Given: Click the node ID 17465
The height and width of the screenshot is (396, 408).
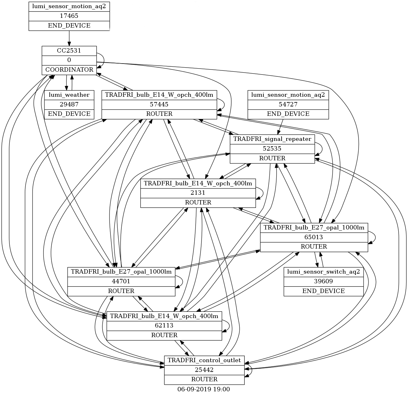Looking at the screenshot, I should click(x=69, y=16).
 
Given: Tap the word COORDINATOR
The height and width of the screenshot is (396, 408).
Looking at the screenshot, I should click(x=69, y=69).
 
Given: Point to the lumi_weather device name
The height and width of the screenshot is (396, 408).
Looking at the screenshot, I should click(x=69, y=95).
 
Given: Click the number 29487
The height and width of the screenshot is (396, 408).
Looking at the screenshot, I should click(x=69, y=104).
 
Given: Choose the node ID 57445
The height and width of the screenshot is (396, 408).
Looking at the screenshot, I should click(x=160, y=104).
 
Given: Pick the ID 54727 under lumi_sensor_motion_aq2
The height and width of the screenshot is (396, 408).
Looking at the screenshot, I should click(x=288, y=104).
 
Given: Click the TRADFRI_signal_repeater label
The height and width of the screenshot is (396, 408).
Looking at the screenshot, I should click(x=273, y=139).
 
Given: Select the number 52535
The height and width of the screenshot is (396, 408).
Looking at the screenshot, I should click(x=273, y=149).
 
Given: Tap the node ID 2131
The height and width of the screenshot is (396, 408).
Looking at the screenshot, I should click(x=198, y=193).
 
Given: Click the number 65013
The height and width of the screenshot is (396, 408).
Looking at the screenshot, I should click(x=314, y=237).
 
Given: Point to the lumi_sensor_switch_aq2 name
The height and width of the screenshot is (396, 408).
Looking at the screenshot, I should click(x=324, y=272).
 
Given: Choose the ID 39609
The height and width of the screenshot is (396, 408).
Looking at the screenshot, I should click(x=324, y=281).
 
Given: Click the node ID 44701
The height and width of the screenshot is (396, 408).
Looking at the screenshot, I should click(x=121, y=281).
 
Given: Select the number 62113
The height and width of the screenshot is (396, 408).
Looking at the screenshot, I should click(x=164, y=326).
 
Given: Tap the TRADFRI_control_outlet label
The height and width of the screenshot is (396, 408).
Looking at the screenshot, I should click(x=204, y=360).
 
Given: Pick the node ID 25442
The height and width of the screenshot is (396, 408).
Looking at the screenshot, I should click(x=204, y=370).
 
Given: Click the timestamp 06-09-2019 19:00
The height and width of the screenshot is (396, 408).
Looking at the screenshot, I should click(x=204, y=389).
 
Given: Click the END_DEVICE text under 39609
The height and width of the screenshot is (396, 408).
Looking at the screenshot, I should click(x=324, y=291).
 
